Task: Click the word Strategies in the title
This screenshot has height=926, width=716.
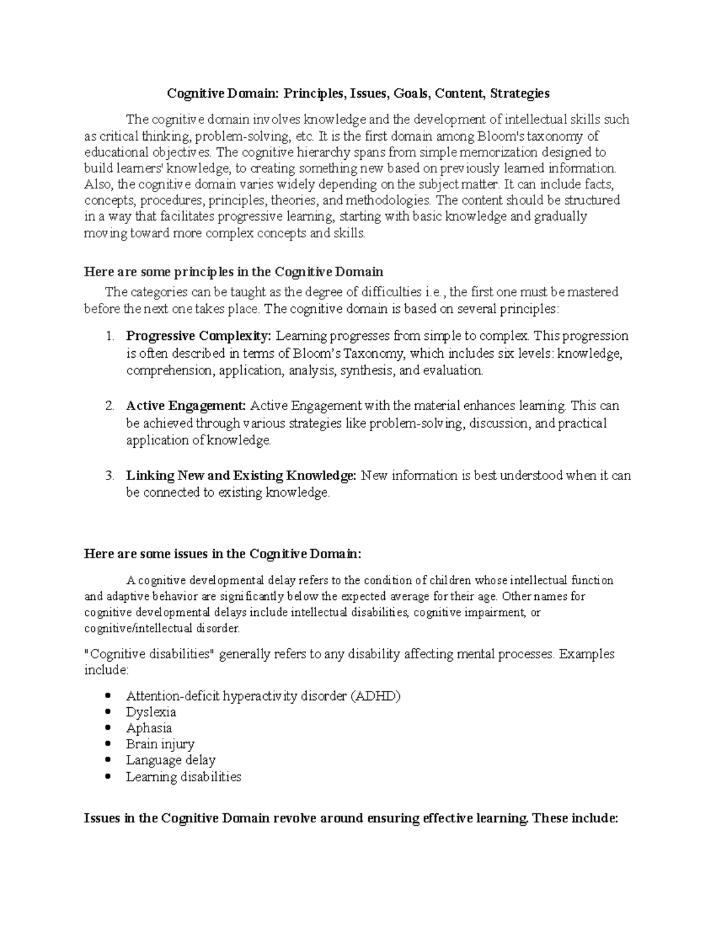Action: tap(519, 94)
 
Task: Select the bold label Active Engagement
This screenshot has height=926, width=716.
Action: tap(186, 406)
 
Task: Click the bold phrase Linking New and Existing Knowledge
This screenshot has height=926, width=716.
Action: tap(241, 476)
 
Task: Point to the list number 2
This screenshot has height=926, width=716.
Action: tap(109, 406)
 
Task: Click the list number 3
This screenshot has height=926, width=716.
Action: tap(109, 476)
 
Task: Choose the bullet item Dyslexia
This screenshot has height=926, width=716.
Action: tap(151, 712)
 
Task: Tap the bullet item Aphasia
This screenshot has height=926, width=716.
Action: tap(149, 728)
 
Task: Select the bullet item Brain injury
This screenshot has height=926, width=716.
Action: tap(160, 744)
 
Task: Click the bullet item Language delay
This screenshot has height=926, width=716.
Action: tap(171, 760)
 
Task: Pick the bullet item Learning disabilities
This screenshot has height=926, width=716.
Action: tap(184, 777)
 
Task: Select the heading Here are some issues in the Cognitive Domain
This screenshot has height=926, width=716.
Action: tap(223, 554)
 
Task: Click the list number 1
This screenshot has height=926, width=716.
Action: tap(109, 336)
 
